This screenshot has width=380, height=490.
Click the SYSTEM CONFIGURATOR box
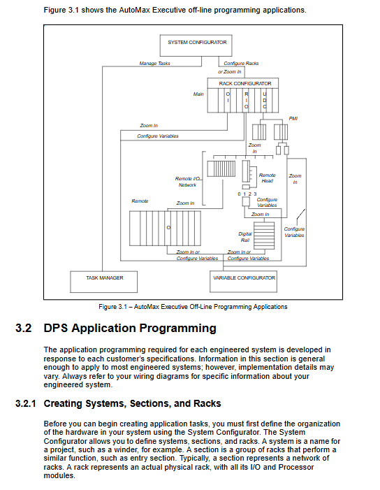coord(196,45)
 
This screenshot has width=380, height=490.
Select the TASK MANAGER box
coord(103,282)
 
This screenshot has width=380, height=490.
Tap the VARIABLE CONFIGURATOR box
coord(243,282)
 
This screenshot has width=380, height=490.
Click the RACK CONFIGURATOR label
coord(245,83)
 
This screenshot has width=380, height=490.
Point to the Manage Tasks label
coord(154,63)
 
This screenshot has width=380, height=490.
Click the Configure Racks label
coord(241,63)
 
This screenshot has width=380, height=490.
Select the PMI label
coord(293,118)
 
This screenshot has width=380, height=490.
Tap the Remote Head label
coord(268,178)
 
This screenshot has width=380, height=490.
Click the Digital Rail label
coord(244,237)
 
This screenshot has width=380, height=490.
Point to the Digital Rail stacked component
coord(264,236)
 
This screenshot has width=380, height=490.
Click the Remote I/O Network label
coord(187,182)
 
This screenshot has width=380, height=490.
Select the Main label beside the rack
coord(198,94)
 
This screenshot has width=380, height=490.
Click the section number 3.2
coord(24,328)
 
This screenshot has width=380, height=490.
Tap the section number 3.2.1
coord(26,403)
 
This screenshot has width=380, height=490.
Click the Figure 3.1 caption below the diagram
coord(193,307)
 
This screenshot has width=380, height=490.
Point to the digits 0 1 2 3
coord(247,194)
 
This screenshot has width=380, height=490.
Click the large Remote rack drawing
coord(165,228)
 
